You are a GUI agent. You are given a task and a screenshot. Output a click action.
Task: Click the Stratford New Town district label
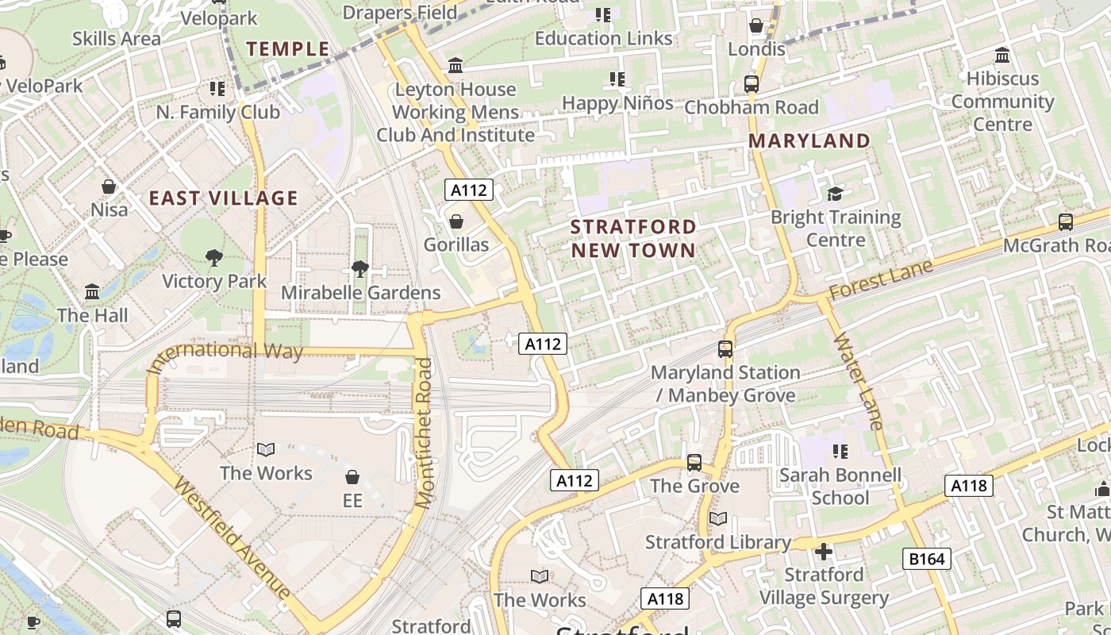pos(633,238)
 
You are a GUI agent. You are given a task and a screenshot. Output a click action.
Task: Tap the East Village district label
pos(224,198)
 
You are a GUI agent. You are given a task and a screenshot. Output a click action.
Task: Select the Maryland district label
pos(809,140)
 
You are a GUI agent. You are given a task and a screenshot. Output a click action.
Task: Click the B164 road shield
pos(927,559)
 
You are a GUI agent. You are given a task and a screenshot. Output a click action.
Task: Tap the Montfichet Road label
pos(425,433)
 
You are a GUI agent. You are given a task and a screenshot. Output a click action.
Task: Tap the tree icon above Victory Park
pos(213,257)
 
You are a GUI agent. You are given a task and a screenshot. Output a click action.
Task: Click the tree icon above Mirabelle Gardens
pos(360,268)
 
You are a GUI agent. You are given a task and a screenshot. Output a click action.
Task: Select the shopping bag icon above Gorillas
pos(456,221)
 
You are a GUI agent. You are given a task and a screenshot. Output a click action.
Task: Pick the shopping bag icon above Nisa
pos(109,187)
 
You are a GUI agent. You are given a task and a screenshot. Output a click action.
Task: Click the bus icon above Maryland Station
pos(725,348)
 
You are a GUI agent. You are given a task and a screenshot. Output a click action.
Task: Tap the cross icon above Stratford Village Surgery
pos(824,551)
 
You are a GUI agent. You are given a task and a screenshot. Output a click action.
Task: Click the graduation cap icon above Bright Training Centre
pos(835,194)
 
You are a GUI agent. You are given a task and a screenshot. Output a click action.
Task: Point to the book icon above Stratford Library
pos(717,518)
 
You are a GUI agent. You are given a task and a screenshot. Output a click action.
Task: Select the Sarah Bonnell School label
pos(840,487)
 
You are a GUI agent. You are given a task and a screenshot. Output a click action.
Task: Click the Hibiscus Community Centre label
pos(1002,101)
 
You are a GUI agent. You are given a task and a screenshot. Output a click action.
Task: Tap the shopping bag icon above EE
pos(352,477)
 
